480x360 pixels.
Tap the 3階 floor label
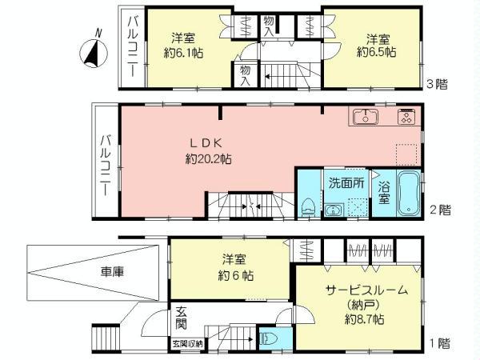(436, 83)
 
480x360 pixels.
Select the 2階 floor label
(439, 210)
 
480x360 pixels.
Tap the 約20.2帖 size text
(206, 159)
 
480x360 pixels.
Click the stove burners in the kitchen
(406, 118)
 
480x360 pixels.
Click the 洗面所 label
(346, 182)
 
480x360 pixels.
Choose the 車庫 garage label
(113, 270)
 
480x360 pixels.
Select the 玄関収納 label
(186, 344)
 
